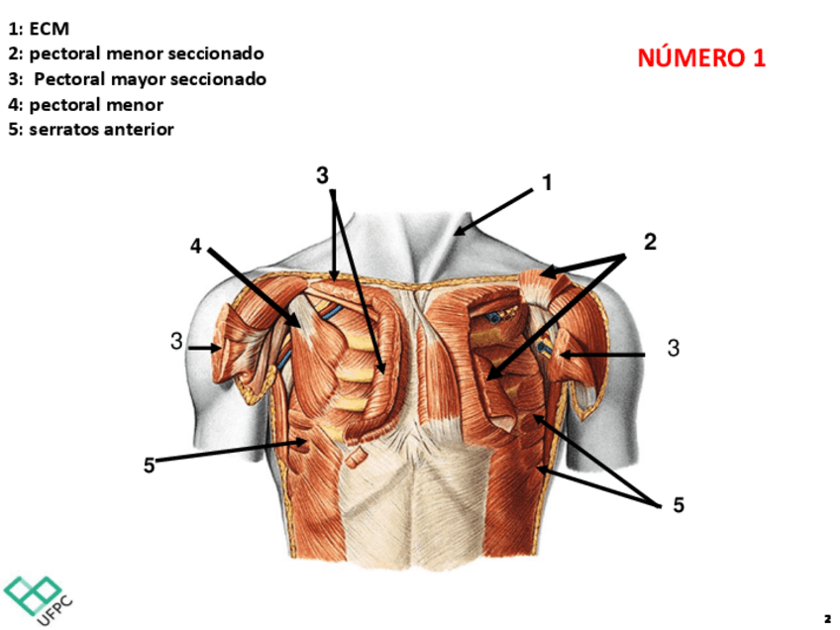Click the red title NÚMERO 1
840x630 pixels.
click(x=701, y=57)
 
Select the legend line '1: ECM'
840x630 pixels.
click(x=39, y=29)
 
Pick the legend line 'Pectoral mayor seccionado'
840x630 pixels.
click(x=138, y=79)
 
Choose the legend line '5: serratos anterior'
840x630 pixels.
click(x=90, y=129)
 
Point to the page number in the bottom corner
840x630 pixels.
click(x=827, y=617)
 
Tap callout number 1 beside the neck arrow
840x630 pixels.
click(x=546, y=183)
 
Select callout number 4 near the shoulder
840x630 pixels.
click(x=196, y=246)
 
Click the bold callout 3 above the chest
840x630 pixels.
click(x=322, y=175)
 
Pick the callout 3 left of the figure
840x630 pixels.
click(x=175, y=342)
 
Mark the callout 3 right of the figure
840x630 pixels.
click(x=673, y=348)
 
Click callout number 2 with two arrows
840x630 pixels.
click(x=650, y=241)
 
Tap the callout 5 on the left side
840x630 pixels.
click(x=149, y=465)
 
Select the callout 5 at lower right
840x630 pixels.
click(x=679, y=505)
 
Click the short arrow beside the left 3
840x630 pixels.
click(x=206, y=348)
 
